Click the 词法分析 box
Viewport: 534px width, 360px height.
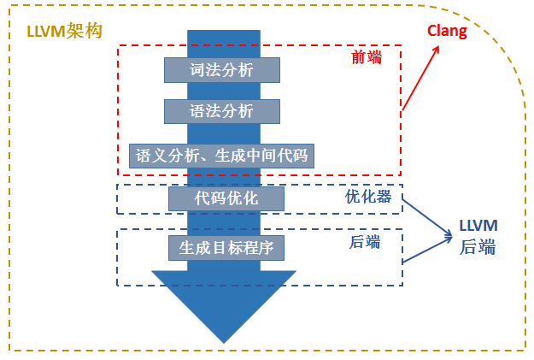pyautogui.click(x=222, y=70)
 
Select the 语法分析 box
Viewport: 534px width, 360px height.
pyautogui.click(x=222, y=111)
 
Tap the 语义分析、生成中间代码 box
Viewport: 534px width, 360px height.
pyautogui.click(x=221, y=156)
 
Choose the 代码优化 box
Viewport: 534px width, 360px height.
pyautogui.click(x=226, y=198)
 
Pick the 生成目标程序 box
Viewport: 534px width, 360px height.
pyautogui.click(x=226, y=248)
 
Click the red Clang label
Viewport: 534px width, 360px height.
pyautogui.click(x=447, y=32)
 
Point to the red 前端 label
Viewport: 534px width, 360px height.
pyautogui.click(x=367, y=57)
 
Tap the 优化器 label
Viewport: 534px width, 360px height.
pyautogui.click(x=368, y=197)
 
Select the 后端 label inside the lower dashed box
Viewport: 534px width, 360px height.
pyautogui.click(x=365, y=242)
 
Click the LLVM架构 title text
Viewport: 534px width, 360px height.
pyautogui.click(x=64, y=32)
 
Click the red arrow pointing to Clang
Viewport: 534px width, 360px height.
pyautogui.click(x=420, y=78)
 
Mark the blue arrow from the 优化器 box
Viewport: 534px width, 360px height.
pyautogui.click(x=427, y=218)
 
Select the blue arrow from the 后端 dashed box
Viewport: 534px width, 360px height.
pyautogui.click(x=427, y=249)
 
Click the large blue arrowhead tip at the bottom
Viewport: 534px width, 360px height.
pyautogui.click(x=224, y=343)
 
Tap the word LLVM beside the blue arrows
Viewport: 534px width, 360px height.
pyautogui.click(x=478, y=226)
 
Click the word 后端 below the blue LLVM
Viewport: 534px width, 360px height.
pyautogui.click(x=478, y=247)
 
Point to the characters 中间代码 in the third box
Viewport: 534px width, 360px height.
pyautogui.click(x=277, y=156)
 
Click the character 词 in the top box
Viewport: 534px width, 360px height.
pyautogui.click(x=197, y=70)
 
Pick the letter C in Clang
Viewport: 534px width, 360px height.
pyautogui.click(x=431, y=31)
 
